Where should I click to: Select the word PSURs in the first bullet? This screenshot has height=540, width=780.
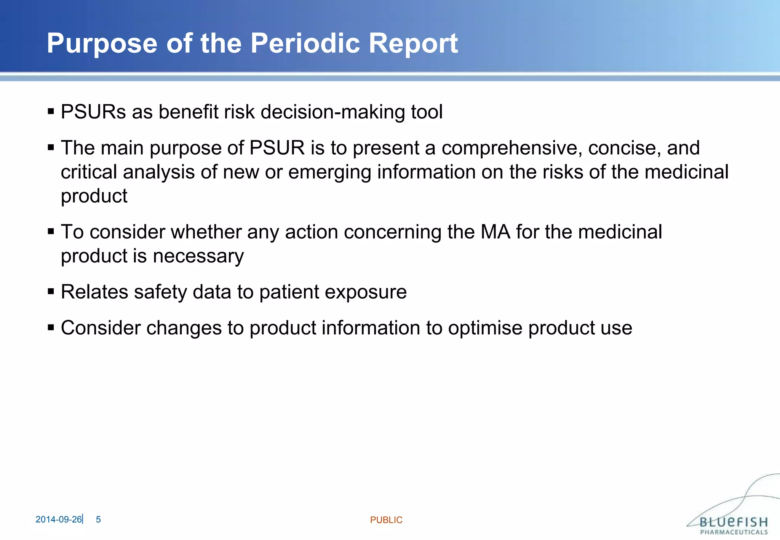[x=93, y=112]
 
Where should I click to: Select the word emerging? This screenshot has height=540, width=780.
[x=329, y=173]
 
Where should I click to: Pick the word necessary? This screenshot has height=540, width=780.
[x=198, y=256]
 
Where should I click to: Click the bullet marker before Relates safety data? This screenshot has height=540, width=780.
[x=51, y=292]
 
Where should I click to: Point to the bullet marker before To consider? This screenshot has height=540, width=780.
[x=51, y=232]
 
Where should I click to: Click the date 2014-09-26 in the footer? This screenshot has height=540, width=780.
[x=58, y=519]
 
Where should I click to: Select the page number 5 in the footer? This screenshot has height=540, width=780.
[x=98, y=519]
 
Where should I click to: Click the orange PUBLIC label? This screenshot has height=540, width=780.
[x=386, y=520]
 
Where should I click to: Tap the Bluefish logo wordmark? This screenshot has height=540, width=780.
[x=734, y=521]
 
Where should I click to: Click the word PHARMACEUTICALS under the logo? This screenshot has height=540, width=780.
[x=734, y=532]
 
